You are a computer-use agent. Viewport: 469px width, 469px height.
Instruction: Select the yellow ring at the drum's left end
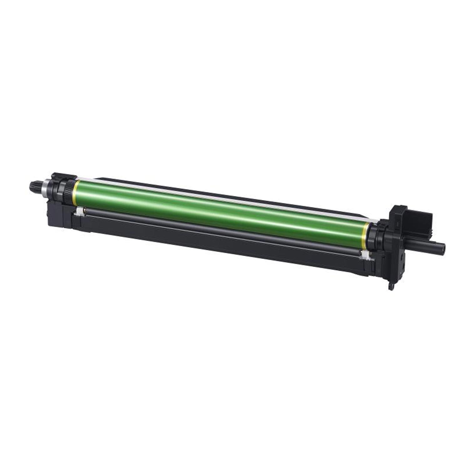tap(74, 193)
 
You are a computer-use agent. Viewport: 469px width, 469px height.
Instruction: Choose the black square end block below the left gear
tap(56, 216)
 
